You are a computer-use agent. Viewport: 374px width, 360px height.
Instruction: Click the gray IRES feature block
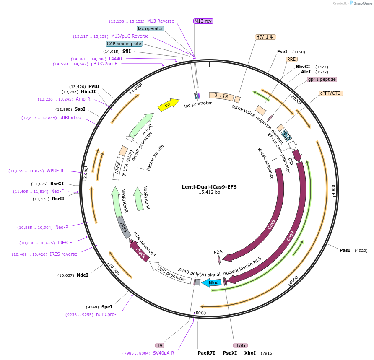(x=123, y=228)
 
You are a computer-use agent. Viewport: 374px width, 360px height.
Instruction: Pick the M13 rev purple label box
(x=203, y=21)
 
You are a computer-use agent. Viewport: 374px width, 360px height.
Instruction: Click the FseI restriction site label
(x=282, y=52)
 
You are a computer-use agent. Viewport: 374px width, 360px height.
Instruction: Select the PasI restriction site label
(x=345, y=250)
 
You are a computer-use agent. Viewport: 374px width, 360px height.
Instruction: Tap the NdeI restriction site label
(x=82, y=275)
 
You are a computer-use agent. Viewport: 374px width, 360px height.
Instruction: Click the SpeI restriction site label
(x=106, y=307)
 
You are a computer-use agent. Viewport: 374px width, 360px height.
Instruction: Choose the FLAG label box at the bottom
(x=240, y=345)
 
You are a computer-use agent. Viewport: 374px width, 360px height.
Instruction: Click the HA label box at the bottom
(x=159, y=345)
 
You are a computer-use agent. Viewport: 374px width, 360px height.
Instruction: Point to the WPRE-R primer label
(x=55, y=171)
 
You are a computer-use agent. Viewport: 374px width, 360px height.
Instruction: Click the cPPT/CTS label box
(x=330, y=93)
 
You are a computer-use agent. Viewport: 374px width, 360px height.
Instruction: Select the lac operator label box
(x=150, y=28)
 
